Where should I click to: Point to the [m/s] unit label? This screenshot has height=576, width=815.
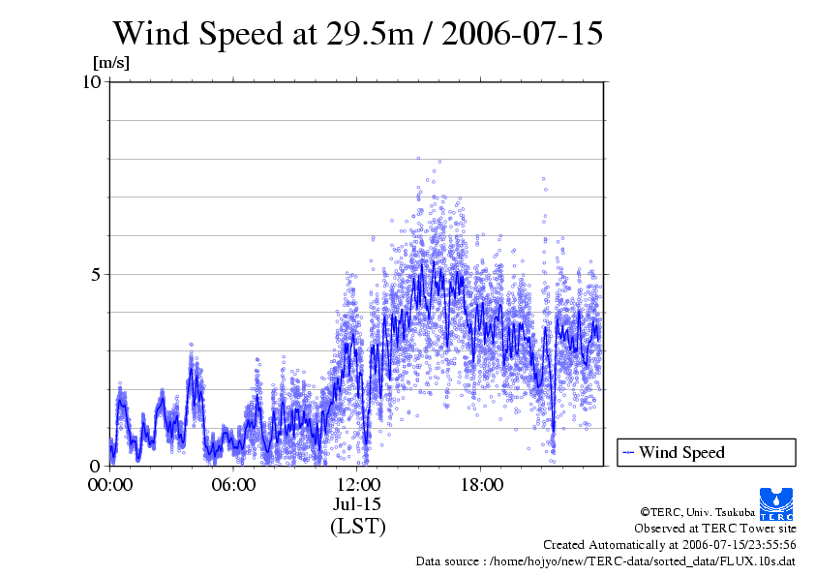(110, 64)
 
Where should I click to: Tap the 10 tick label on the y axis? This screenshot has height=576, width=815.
(92, 81)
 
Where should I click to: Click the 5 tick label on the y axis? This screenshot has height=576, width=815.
(97, 274)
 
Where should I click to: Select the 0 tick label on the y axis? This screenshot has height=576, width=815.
(97, 466)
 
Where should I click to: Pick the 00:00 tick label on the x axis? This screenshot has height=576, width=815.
(109, 485)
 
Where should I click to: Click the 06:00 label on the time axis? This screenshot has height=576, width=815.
(233, 485)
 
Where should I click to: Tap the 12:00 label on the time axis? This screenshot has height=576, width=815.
(357, 485)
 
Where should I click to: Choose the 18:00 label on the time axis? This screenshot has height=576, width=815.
(481, 485)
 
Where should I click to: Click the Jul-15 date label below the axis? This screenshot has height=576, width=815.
(357, 504)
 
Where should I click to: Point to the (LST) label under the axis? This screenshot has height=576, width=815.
(357, 527)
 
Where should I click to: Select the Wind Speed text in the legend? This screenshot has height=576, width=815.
(681, 452)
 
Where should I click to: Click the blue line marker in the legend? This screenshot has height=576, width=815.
(628, 452)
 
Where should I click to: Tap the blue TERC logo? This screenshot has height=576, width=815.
(775, 502)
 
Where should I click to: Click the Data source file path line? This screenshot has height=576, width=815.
(606, 561)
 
